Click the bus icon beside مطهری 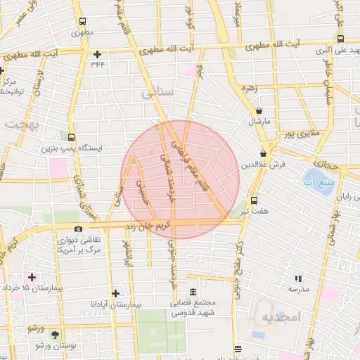(83, 21)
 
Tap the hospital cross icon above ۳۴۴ (96, 54)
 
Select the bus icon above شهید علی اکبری (340, 39)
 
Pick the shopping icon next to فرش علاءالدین (263, 154)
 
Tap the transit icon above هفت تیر (254, 200)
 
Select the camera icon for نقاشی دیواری (78, 229)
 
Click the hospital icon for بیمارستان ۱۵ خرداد (32, 277)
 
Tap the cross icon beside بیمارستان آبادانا (115, 293)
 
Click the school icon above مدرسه (298, 278)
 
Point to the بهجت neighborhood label (20, 122)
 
